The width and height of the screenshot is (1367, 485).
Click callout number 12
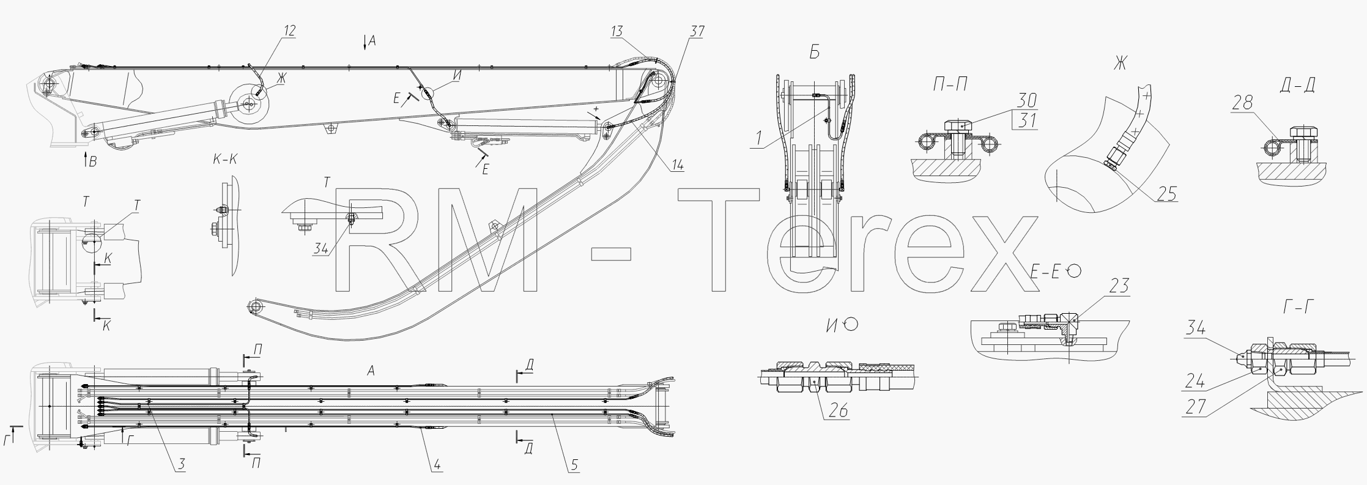click(289, 30)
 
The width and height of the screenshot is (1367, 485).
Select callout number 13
click(617, 32)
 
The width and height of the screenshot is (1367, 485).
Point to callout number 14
click(676, 165)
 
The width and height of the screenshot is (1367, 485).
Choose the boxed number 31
click(1026, 120)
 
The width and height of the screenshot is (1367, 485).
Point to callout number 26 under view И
click(839, 410)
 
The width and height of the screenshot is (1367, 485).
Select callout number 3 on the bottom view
click(181, 465)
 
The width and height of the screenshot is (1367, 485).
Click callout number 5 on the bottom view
click(574, 465)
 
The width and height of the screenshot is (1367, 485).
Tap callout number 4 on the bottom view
click(437, 465)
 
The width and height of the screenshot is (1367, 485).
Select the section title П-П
click(950, 86)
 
